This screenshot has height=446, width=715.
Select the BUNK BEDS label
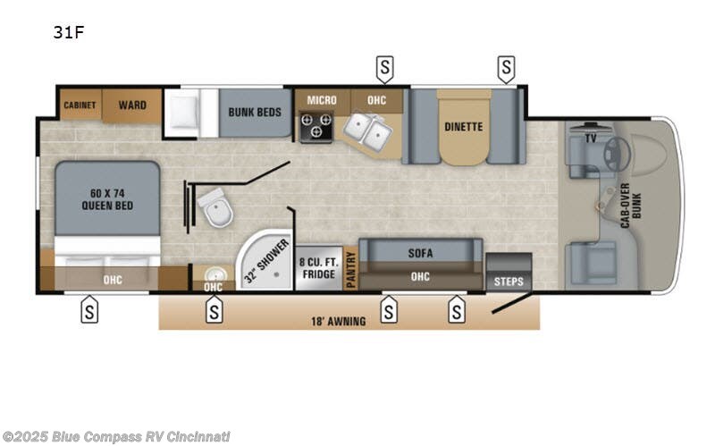click(255, 113)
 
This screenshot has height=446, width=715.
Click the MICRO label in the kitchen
click(322, 100)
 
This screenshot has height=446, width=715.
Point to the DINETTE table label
click(463, 127)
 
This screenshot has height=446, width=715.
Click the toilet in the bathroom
click(214, 211)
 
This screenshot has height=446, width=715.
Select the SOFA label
click(420, 253)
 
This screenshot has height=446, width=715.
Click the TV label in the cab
click(590, 139)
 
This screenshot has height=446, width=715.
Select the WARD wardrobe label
click(132, 105)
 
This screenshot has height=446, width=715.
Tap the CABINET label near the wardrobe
click(80, 105)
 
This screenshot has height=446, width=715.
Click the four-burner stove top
click(316, 128)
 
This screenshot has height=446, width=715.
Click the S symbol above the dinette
click(507, 65)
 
